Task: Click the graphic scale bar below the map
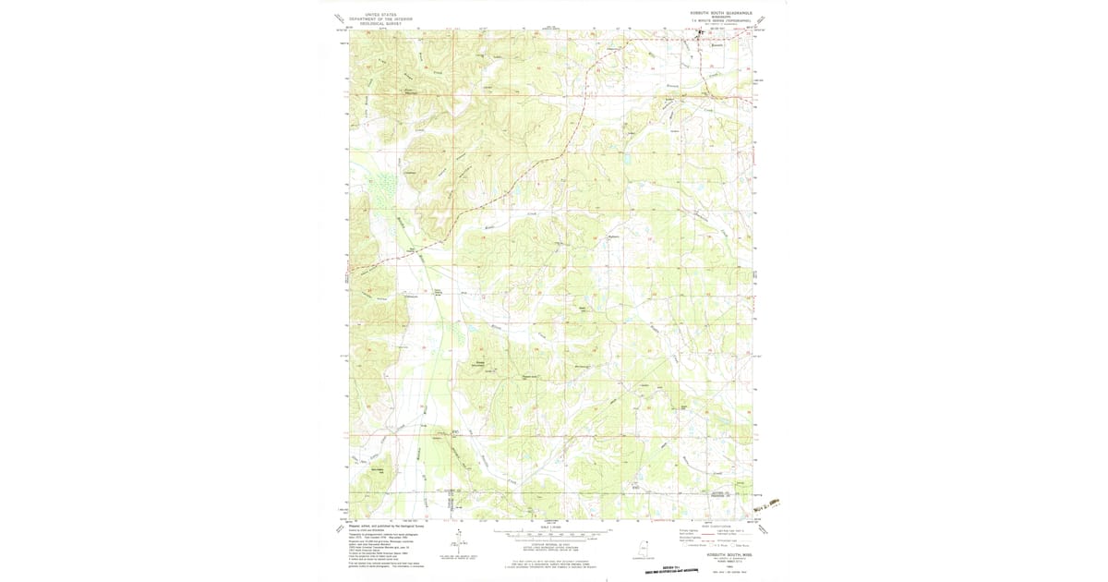point(552,534)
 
